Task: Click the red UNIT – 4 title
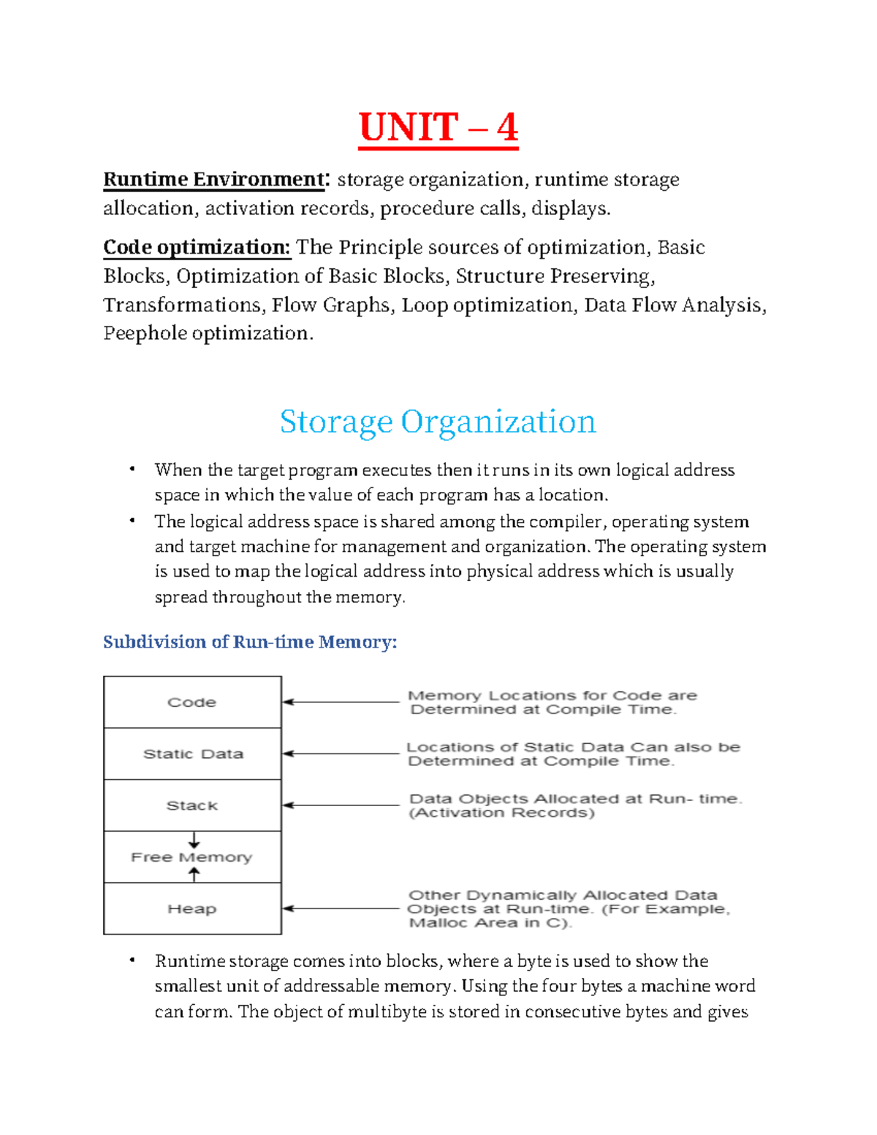[438, 128]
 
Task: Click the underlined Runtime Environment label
[213, 180]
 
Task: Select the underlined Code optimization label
[197, 248]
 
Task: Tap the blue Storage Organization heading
[438, 422]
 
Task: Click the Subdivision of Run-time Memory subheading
[250, 642]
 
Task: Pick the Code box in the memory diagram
[192, 702]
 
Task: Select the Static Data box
[192, 753]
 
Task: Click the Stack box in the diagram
[192, 805]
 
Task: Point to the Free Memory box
[192, 857]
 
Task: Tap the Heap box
[192, 908]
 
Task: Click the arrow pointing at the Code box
[341, 702]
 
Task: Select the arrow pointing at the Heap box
[341, 908]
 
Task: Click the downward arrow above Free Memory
[194, 840]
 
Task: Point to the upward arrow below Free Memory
[194, 874]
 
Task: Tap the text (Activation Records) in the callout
[502, 813]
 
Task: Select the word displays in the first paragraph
[569, 209]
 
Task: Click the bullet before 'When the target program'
[132, 469]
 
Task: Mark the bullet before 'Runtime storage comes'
[132, 960]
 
